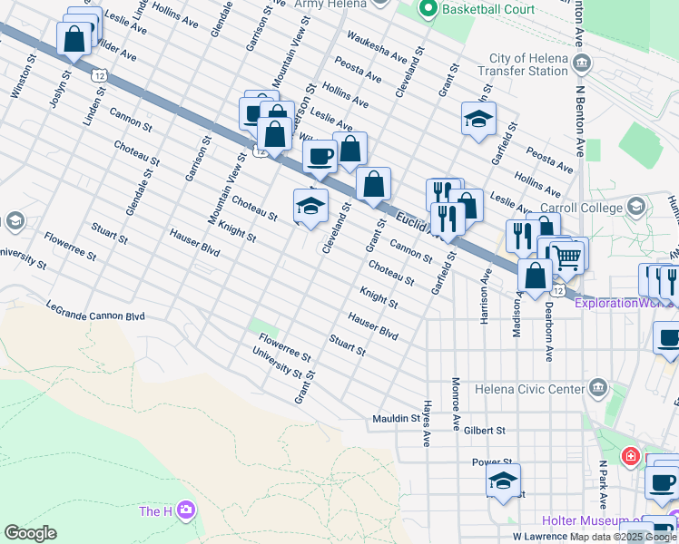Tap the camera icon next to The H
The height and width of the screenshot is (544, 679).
pos(187,511)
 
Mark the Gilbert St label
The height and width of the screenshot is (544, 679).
pos(487,432)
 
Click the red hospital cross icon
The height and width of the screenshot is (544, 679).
pos(629,456)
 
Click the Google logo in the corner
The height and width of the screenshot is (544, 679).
pos(31,533)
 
